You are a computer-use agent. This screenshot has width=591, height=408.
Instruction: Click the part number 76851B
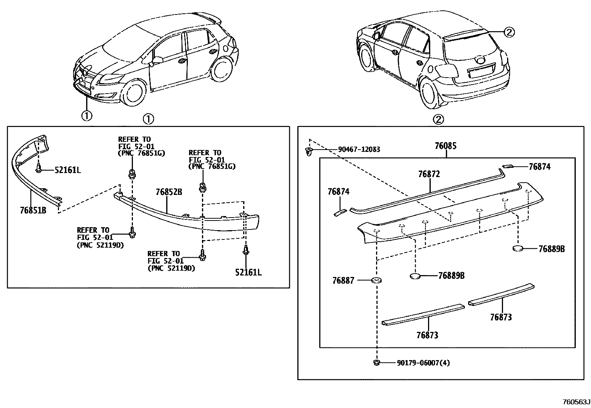pos(33,210)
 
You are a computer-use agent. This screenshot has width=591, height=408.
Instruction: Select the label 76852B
pos(169,192)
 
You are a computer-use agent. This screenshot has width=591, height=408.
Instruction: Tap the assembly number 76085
pos(445,146)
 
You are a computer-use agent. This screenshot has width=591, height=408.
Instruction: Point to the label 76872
pos(429,174)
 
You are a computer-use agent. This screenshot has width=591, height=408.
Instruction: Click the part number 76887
pos(343,281)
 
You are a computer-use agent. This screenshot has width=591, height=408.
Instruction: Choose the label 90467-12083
pos(359,150)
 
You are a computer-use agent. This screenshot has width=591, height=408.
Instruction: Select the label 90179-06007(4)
pos(423,363)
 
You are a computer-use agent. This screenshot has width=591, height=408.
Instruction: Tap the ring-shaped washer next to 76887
pos(377,280)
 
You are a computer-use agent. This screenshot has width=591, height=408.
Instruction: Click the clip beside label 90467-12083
pos(308,151)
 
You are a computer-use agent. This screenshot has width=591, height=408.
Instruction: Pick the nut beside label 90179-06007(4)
pos(377,363)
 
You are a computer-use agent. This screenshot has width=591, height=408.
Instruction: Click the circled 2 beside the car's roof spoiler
pos(509,33)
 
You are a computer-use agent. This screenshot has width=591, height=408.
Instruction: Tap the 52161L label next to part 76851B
pos(68,170)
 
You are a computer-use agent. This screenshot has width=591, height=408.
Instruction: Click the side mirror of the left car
pos(157,60)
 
